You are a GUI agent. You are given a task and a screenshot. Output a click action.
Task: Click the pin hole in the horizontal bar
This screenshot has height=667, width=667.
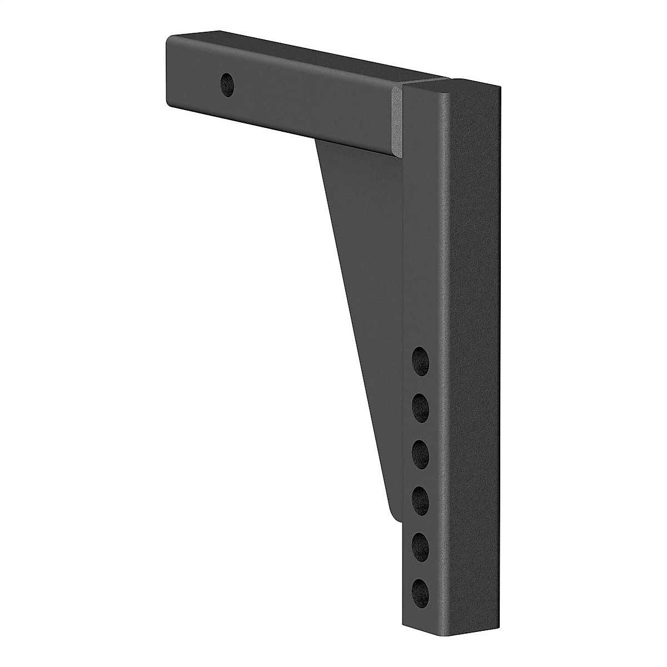227,84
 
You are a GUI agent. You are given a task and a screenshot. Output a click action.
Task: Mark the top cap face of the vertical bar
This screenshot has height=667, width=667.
450,85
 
